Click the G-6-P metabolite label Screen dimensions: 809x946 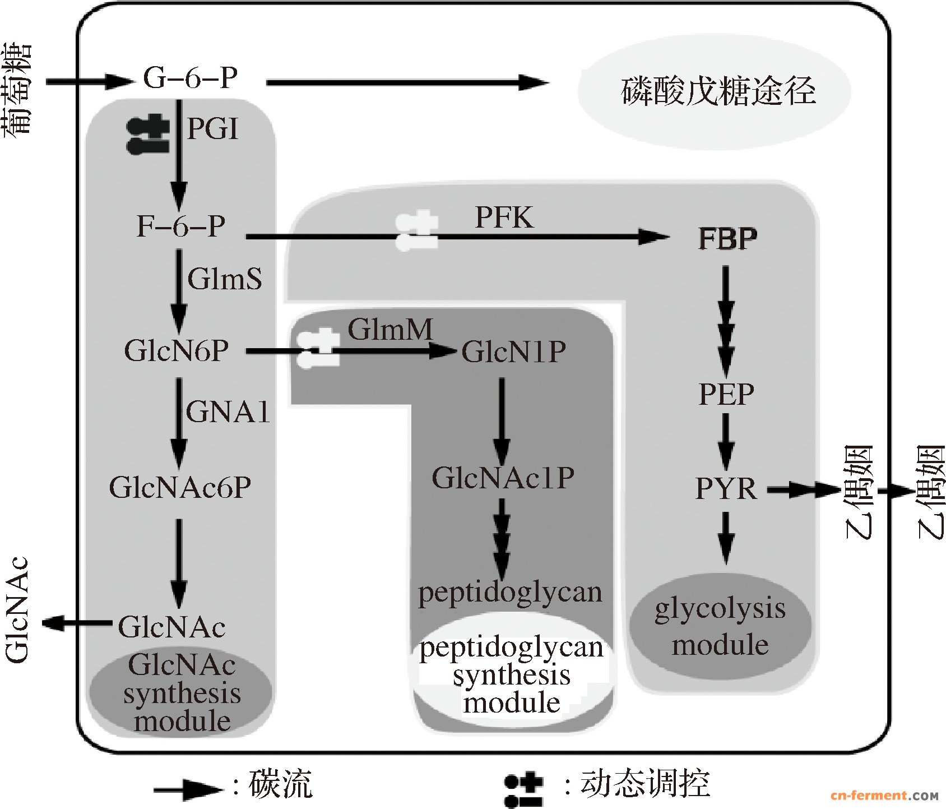pyautogui.click(x=191, y=77)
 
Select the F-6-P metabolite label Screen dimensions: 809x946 pyautogui.click(x=181, y=226)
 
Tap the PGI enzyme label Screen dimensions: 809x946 pyautogui.click(x=212, y=129)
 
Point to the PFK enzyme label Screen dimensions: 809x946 pyautogui.click(x=504, y=218)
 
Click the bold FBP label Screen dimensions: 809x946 pyautogui.click(x=727, y=239)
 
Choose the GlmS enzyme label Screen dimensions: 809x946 pyautogui.click(x=225, y=279)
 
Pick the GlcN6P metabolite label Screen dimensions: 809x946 pyautogui.click(x=177, y=351)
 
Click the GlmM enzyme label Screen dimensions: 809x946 pyautogui.click(x=391, y=329)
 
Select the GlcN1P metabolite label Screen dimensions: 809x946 pyautogui.click(x=514, y=352)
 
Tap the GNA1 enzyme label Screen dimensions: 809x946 pyautogui.click(x=228, y=412)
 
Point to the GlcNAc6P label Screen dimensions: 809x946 pyautogui.click(x=180, y=487)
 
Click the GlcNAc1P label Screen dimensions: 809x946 pyautogui.click(x=503, y=478)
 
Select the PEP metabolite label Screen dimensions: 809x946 pyautogui.click(x=726, y=394)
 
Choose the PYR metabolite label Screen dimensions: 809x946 pyautogui.click(x=726, y=489)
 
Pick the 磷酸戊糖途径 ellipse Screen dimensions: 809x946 pyautogui.click(x=715, y=91)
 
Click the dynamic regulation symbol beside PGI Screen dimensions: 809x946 pyautogui.click(x=148, y=135)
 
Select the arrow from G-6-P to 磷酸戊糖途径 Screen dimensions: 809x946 pyautogui.click(x=407, y=82)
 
